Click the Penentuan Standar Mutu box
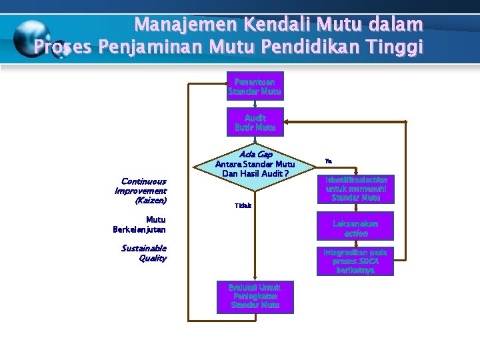pos(255,86)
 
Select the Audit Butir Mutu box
pos(255,122)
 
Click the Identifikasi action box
pos(355,189)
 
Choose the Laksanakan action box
pos(355,229)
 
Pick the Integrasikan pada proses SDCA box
pos(355,261)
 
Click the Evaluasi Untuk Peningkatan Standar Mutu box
pos(255,296)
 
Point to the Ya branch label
pos(328,161)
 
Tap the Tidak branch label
pos(243,205)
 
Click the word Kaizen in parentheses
pos(150,200)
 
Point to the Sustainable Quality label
pos(144,253)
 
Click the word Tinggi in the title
pos(394,47)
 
